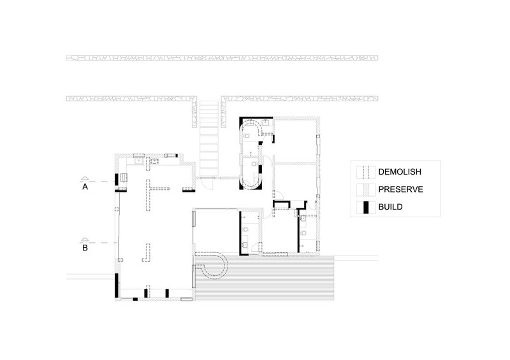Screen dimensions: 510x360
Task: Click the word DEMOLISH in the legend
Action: tap(400, 171)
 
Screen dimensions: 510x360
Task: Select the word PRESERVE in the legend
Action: tap(401, 189)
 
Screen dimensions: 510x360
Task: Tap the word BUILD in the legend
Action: tap(390, 207)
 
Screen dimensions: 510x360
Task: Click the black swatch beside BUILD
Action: tap(366, 208)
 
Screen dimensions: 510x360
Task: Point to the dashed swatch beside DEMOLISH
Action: tap(366, 172)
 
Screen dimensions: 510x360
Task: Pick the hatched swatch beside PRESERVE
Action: tap(366, 190)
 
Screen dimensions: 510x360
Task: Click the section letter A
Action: tap(85, 187)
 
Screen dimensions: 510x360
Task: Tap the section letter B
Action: tap(85, 248)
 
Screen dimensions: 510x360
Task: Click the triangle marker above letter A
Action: tap(85, 178)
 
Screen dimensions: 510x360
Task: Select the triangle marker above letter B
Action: tap(85, 240)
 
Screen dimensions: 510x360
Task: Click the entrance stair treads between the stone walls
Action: tap(209, 139)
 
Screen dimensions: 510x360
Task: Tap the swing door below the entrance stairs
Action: tap(207, 184)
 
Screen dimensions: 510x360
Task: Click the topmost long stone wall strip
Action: tap(222, 58)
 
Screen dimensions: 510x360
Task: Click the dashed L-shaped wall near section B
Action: tap(147, 254)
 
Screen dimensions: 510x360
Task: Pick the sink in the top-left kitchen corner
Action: tap(139, 161)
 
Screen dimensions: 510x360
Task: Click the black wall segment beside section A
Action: tap(117, 180)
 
